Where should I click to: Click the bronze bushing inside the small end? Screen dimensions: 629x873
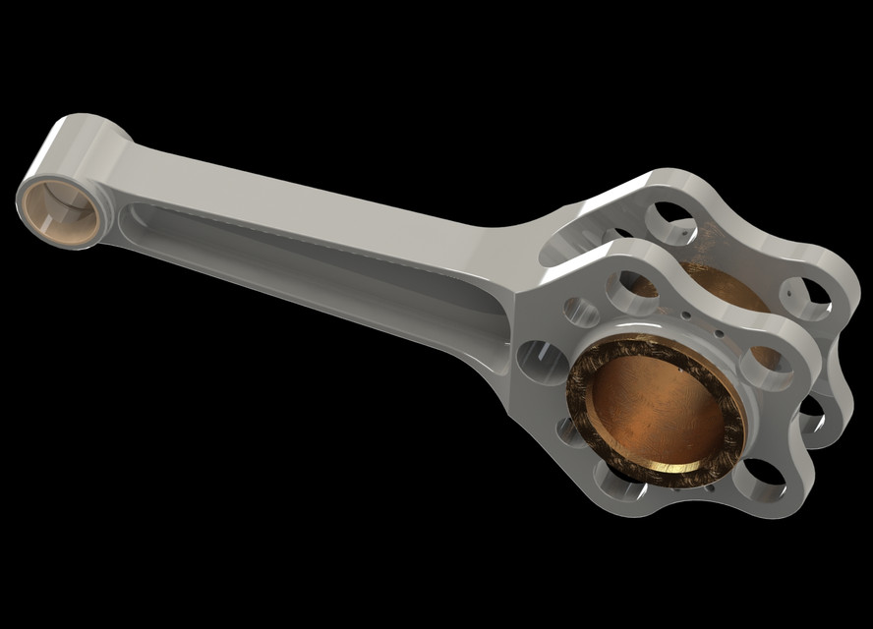tap(61, 212)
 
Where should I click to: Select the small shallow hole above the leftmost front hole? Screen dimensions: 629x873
tap(580, 313)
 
